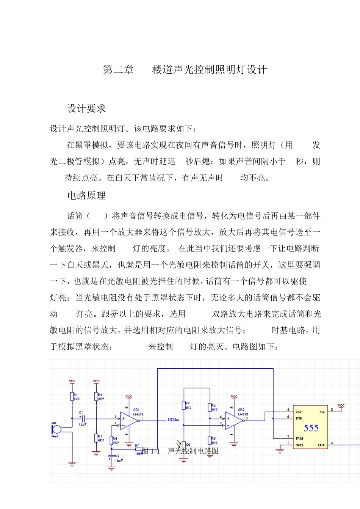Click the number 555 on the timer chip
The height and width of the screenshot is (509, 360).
[x=311, y=428]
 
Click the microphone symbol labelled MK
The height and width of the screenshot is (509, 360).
[x=56, y=430]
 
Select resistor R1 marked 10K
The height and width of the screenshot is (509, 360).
[x=72, y=397]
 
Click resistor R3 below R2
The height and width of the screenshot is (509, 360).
[x=96, y=438]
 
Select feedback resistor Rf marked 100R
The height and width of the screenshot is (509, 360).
[x=139, y=449]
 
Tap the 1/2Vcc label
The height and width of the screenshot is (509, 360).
[x=173, y=420]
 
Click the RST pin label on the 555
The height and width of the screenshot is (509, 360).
[x=299, y=412]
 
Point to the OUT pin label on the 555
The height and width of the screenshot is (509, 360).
[x=321, y=445]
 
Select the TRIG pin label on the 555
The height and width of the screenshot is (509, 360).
[x=299, y=438]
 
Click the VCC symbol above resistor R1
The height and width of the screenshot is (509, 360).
[x=72, y=382]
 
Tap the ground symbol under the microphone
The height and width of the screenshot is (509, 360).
[x=72, y=463]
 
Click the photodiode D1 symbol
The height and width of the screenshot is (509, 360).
[x=183, y=445]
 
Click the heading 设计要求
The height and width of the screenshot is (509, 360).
[x=86, y=109]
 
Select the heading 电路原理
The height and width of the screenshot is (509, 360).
[x=86, y=196]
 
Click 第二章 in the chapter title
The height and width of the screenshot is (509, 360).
[x=118, y=70]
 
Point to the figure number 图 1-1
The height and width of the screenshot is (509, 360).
[x=151, y=451]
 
